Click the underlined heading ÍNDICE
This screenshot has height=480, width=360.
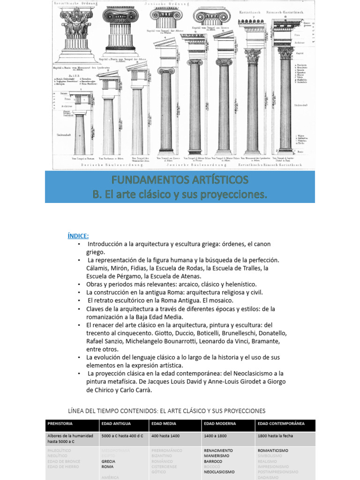[x=78, y=235]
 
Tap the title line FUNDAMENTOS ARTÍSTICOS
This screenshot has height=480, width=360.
[x=180, y=180]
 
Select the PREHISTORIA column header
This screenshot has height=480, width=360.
[x=60, y=423]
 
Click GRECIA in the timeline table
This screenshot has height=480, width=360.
[x=108, y=461]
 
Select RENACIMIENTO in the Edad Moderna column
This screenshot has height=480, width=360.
[x=218, y=450]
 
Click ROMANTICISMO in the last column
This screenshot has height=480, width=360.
[x=273, y=450]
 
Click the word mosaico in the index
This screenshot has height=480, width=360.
[x=220, y=300]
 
